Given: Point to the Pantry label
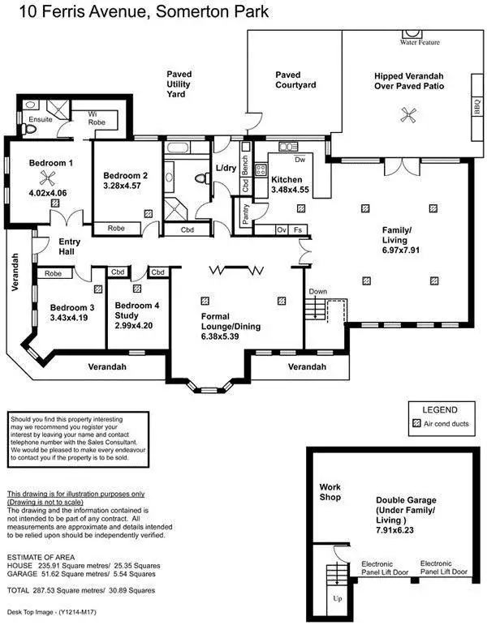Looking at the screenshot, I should click(x=246, y=215).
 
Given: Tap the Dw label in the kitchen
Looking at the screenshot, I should click(x=299, y=160).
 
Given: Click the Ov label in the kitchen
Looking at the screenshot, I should click(x=282, y=230).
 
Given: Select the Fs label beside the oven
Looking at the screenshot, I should click(x=299, y=230).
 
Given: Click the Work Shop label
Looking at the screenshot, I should click(x=330, y=491).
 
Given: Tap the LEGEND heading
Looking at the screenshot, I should click(x=440, y=410).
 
